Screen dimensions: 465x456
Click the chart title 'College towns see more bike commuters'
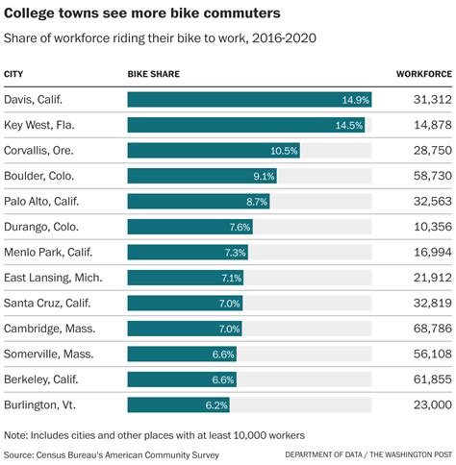[x=142, y=13]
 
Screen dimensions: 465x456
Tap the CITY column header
[x=14, y=74]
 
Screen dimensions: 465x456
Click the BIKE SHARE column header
[x=153, y=74]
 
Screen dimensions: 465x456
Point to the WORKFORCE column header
[x=423, y=74]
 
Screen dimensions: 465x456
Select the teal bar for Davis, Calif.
[x=248, y=100]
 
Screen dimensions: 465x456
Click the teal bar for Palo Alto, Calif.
[x=198, y=202]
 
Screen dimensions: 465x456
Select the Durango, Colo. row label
[x=42, y=227]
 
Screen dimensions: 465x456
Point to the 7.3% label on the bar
[x=235, y=253]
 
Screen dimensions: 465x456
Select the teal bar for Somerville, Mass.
[x=182, y=355]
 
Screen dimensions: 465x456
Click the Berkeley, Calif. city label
[x=43, y=379]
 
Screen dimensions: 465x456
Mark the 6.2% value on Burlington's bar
[x=216, y=405]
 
